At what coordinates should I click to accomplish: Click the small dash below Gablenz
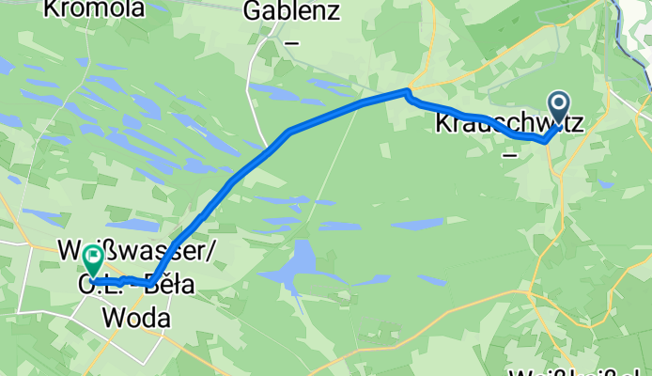click(x=292, y=42)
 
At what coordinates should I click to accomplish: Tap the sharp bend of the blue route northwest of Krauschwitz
click(x=407, y=91)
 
